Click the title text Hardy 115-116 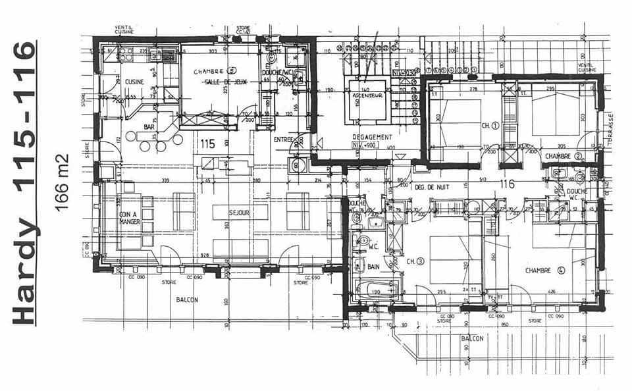click(x=24, y=182)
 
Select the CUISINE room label click(x=134, y=82)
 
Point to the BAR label click(x=149, y=127)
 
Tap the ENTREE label click(x=283, y=140)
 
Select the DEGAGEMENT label click(x=372, y=137)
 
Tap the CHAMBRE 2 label click(x=564, y=156)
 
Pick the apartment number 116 click(x=506, y=185)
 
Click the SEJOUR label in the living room click(x=239, y=213)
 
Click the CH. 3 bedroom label click(x=414, y=262)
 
